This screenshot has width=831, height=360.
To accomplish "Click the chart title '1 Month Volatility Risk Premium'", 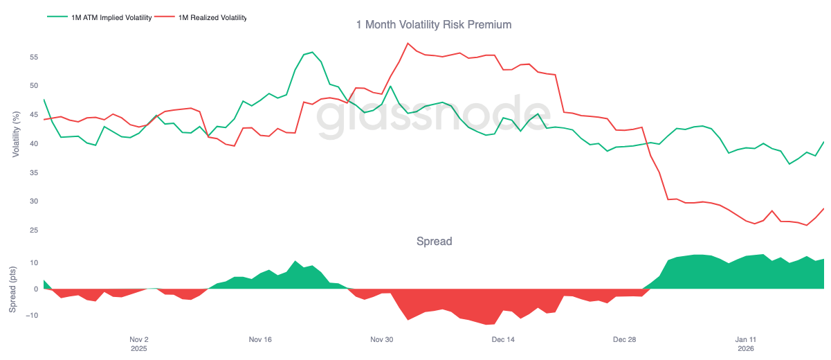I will tap(434, 25).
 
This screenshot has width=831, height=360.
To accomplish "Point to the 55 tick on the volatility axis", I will tap(33, 57).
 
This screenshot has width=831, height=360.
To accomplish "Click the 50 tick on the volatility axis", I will tap(33, 86).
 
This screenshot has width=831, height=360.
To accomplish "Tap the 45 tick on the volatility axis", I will tap(33, 115).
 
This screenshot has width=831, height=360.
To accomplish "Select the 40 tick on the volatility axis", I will tap(33, 144).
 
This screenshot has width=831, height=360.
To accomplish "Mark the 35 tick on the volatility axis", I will tap(33, 172).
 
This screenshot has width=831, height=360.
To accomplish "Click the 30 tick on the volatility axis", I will tap(33, 201).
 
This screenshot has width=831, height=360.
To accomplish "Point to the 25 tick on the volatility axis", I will tap(33, 231).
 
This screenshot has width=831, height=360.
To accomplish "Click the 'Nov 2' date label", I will tap(139, 340).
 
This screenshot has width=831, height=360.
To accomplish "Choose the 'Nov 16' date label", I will tap(260, 340).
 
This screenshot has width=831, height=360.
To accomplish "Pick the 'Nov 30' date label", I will tap(381, 340).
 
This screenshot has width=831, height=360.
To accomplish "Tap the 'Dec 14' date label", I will tap(503, 340).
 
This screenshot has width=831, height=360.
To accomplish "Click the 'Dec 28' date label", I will tap(624, 340).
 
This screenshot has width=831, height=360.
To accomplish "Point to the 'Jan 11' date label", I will tap(745, 340).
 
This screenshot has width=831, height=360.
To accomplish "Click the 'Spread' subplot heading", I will tap(434, 242).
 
